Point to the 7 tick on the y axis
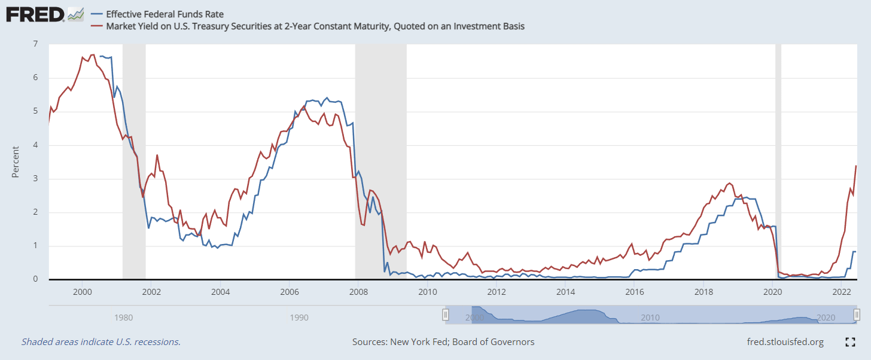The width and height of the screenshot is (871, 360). coord(35,44)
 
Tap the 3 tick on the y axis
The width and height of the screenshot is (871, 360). coord(35,179)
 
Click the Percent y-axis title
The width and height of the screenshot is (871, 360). coord(16,161)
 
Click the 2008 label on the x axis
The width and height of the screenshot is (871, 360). coord(358,292)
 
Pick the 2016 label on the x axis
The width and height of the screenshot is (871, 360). coord(634,292)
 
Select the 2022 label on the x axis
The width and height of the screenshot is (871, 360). coord(842,292)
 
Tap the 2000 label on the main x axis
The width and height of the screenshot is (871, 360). coord(82,292)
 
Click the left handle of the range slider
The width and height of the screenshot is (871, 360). coord(445,315)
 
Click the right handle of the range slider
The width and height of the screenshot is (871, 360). coord(857,315)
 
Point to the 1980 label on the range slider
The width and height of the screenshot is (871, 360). coord(123,317)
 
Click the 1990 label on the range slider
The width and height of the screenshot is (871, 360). coord(299,317)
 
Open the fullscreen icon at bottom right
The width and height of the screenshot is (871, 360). coord(849,342)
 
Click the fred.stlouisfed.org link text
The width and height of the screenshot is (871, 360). coord(785,342)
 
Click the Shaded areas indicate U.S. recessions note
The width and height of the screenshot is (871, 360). coord(101,342)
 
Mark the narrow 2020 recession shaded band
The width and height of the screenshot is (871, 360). coord(778,161)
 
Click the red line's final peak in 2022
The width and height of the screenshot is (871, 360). coord(856,166)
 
